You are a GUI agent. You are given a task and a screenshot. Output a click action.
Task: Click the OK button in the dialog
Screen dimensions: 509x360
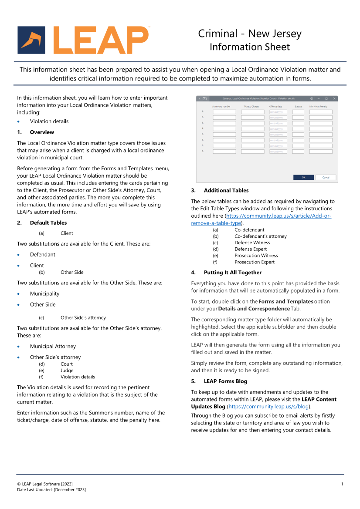pos(303,177)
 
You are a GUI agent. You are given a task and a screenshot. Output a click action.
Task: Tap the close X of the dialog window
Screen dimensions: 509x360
pos(334,99)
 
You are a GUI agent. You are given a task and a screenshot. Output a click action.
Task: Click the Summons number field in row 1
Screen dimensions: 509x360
pos(224,112)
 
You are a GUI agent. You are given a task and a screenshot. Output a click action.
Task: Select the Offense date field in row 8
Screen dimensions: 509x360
pos(278,152)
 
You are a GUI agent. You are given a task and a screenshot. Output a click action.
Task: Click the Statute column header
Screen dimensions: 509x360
pos(298,106)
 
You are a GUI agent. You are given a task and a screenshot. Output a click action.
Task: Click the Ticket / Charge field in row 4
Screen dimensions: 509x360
pos(252,129)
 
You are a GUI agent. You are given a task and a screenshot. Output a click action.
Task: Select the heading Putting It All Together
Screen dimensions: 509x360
pos(233,273)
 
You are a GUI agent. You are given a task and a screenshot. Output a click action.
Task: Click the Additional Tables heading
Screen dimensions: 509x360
pos(226,190)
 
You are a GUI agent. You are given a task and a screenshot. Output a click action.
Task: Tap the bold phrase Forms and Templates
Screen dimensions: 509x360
pos(286,301)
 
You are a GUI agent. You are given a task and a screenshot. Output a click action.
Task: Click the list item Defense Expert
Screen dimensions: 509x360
pos(251,249)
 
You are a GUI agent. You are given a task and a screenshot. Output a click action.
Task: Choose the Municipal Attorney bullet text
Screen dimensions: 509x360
pos(53,347)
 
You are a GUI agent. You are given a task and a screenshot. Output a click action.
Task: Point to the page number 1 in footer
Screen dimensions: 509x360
pos(342,484)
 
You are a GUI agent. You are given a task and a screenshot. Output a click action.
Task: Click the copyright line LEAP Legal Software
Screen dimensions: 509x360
pos(45,484)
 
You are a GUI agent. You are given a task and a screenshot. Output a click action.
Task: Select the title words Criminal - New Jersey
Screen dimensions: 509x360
pos(250,34)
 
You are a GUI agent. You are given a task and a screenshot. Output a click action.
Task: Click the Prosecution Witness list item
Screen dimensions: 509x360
pos(256,256)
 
